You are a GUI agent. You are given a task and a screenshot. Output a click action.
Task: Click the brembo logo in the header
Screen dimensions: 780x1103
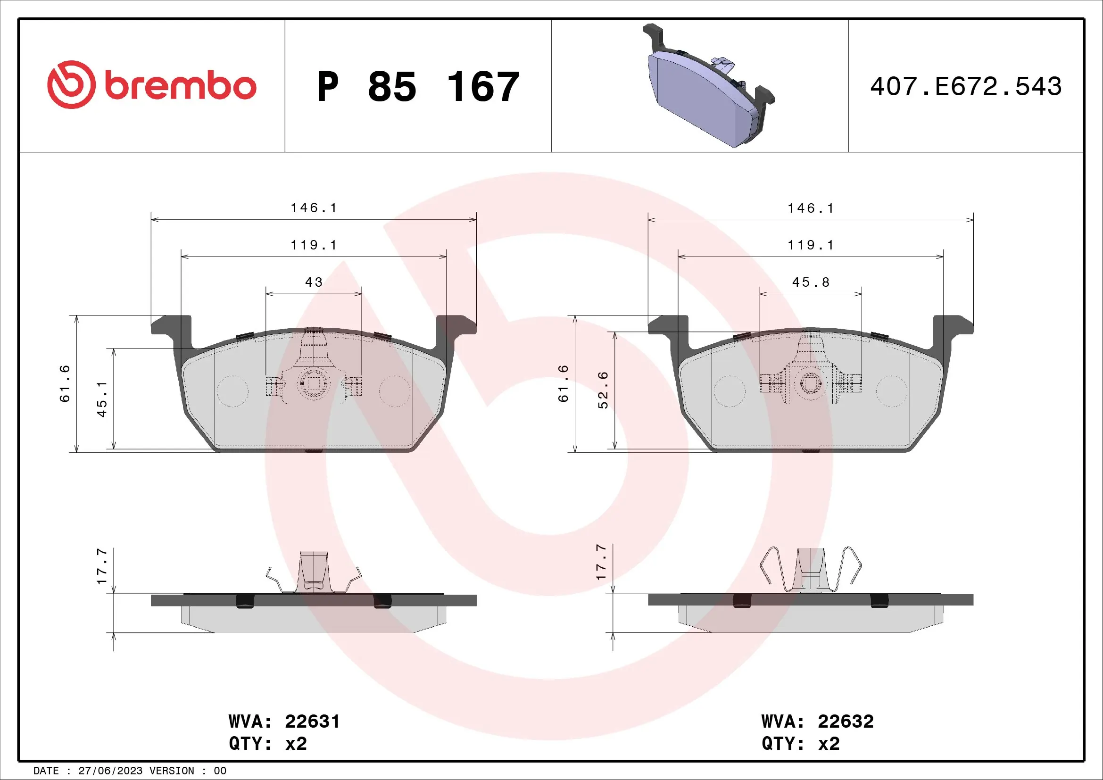coord(152,85)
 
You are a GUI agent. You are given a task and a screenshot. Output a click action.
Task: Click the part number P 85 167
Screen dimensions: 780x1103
coord(418,87)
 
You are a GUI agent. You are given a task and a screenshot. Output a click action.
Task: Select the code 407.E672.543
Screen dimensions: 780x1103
coord(966,86)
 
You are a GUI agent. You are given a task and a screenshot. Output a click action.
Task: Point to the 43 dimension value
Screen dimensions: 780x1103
coord(314,282)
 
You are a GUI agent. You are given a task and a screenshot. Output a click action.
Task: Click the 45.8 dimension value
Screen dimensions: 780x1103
coord(811,282)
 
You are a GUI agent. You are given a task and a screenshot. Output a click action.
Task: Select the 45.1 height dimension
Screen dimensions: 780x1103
coord(102,398)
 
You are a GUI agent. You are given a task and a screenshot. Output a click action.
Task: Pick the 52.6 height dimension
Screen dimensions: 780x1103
coord(603,390)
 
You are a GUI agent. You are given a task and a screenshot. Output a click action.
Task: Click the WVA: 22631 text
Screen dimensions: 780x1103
coord(284,722)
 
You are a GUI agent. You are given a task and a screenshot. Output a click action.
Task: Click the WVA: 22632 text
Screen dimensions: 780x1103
coord(817,722)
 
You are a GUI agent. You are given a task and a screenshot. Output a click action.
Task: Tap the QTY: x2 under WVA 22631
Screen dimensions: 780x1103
coord(267,744)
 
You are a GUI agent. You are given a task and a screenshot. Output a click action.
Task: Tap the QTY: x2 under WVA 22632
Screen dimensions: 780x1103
coord(800,744)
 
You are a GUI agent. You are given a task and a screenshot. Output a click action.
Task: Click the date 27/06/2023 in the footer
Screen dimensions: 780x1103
coord(110,771)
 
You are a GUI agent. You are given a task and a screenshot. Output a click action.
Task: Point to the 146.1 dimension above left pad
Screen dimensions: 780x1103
coord(314,207)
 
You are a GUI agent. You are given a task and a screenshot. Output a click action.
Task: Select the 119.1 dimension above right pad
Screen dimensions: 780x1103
coord(811,245)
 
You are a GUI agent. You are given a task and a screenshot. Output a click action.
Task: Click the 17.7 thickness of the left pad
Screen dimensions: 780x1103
coord(102,566)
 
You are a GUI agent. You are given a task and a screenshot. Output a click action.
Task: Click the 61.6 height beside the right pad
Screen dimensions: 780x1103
coord(563,383)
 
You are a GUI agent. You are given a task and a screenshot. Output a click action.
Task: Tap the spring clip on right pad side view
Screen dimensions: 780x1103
coord(811,569)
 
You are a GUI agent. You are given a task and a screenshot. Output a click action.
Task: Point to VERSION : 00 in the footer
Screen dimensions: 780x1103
coord(187,771)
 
